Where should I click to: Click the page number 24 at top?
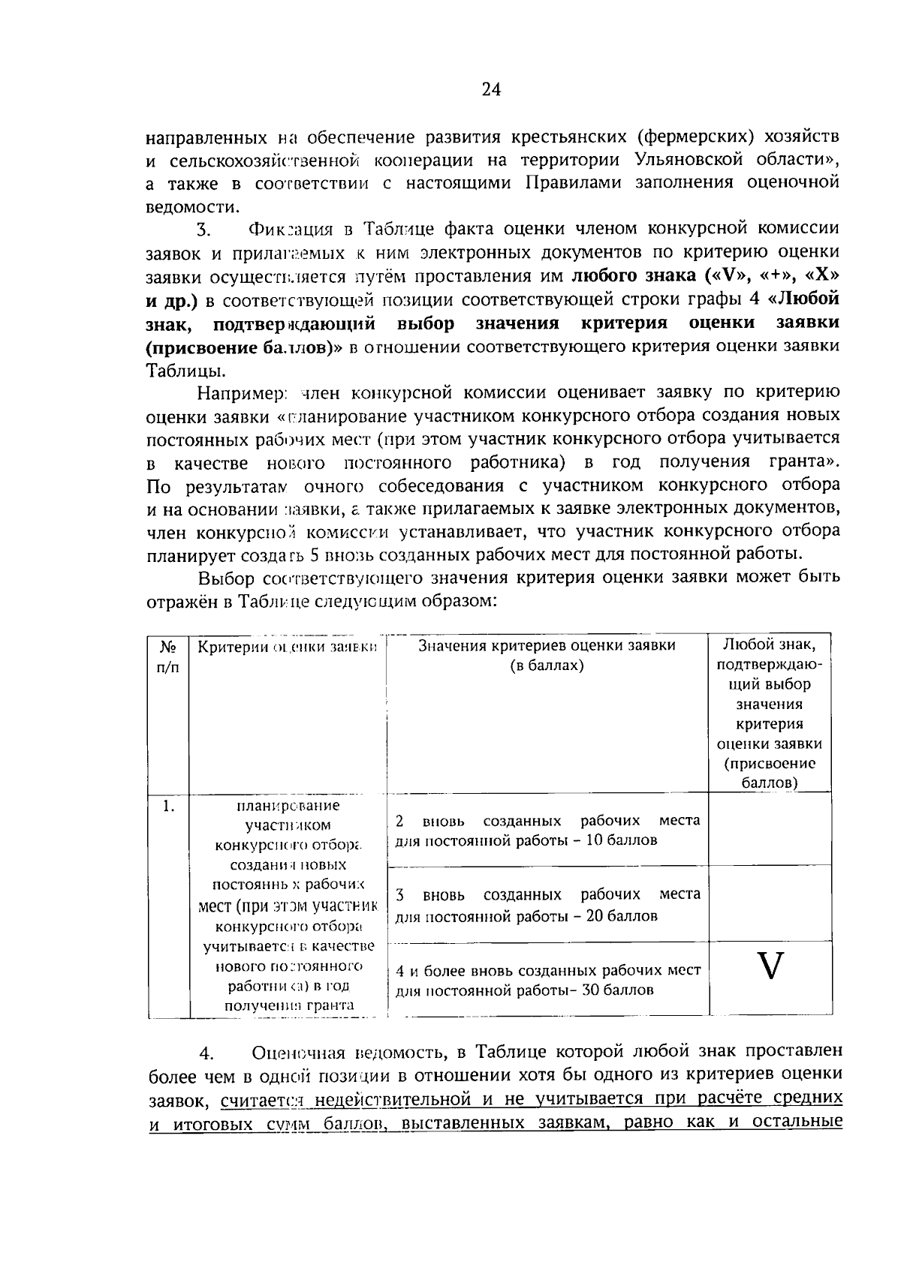(x=490, y=90)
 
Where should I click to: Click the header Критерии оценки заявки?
(x=287, y=647)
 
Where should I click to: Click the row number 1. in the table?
(x=168, y=807)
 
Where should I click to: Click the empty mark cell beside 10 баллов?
(x=770, y=829)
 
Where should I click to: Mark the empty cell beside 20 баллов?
(x=770, y=904)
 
